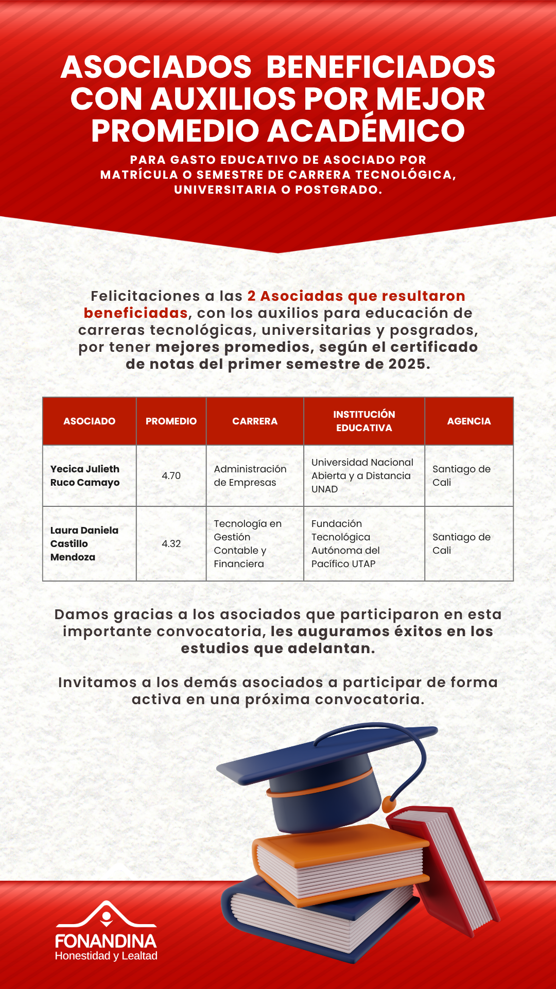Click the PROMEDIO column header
tap(171, 421)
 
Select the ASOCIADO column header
tap(89, 421)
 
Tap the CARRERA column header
tap(255, 421)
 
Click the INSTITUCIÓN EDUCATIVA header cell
tap(364, 421)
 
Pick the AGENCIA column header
tap(469, 421)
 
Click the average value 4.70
tap(171, 475)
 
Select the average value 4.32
tap(171, 543)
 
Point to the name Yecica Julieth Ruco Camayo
tap(85, 475)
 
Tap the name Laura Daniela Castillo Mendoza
tap(84, 543)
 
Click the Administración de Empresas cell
tap(250, 475)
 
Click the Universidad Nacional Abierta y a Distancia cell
tap(362, 475)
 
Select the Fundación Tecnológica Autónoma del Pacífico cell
tap(345, 543)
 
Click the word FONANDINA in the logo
tap(106, 941)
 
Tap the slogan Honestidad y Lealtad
tap(106, 956)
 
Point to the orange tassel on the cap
tap(389, 803)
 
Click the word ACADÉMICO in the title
tap(366, 130)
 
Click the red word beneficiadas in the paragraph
tap(135, 313)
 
